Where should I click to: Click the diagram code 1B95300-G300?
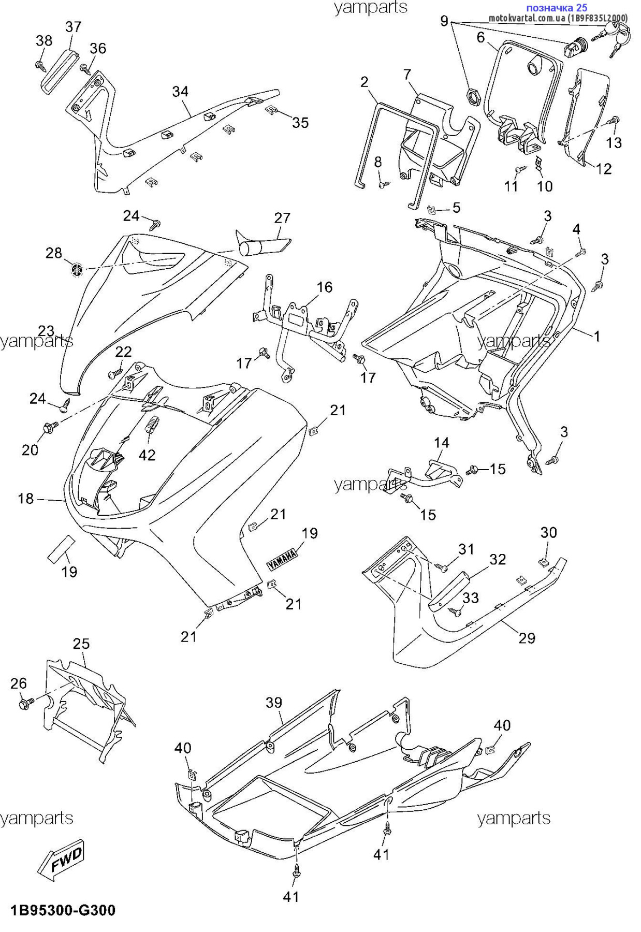[x=63, y=910]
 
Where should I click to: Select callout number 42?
[x=147, y=455]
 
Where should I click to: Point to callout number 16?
[x=325, y=287]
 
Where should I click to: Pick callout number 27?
[x=282, y=218]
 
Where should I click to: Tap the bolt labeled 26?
[x=25, y=704]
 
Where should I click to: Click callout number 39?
[x=274, y=703]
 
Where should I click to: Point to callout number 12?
[x=604, y=168]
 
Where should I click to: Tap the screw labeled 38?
[x=39, y=65]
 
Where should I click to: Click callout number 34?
[x=180, y=92]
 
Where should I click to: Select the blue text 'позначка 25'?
[x=557, y=8]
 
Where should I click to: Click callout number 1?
[x=596, y=336]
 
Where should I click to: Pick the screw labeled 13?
[x=614, y=120]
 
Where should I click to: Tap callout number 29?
[x=527, y=638]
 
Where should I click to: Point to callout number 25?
[x=81, y=644]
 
